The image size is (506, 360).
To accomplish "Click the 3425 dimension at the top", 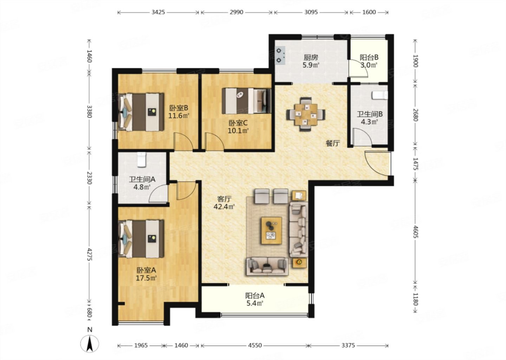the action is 158,12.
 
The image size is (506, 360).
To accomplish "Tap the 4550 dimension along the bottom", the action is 255,345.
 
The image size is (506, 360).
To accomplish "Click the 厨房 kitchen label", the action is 311,58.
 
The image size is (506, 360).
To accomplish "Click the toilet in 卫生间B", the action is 380,95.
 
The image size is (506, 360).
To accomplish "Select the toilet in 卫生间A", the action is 142,160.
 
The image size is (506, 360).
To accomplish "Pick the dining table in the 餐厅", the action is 306,115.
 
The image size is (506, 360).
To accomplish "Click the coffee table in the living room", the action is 272,231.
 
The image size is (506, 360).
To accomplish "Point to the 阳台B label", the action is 369,57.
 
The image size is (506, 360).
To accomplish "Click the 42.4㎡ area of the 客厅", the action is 224,207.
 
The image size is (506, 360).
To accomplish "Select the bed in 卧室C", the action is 246,101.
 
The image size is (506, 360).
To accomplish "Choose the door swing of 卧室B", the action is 183,141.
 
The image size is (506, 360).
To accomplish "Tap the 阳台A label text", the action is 255,296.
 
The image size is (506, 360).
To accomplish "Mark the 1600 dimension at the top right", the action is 369,12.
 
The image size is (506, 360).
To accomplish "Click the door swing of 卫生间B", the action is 362,137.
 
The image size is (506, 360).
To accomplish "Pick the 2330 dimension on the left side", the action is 90,178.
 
